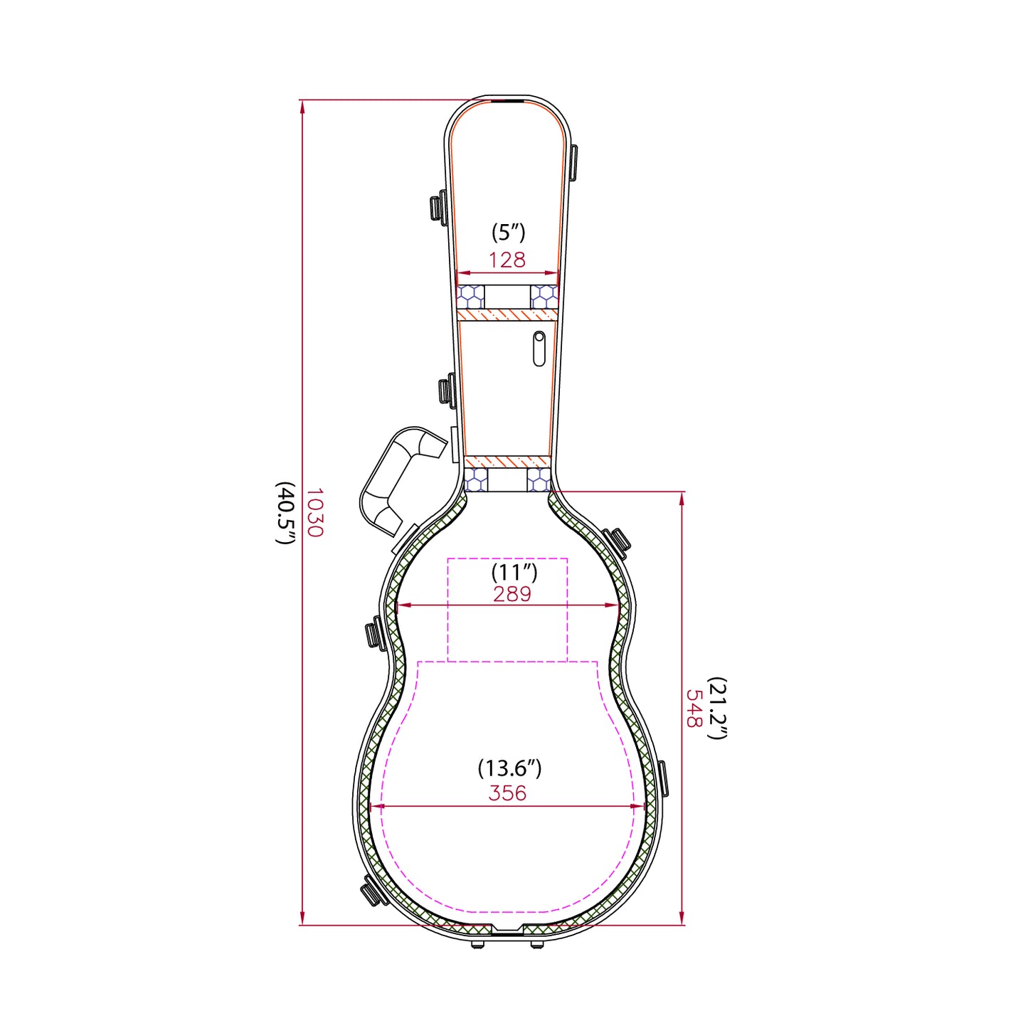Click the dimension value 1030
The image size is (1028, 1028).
315,512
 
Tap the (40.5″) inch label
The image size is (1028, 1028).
286,512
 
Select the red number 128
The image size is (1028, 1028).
507,260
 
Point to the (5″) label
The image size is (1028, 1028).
509,233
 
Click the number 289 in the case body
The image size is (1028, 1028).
512,594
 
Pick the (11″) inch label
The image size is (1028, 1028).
514,572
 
